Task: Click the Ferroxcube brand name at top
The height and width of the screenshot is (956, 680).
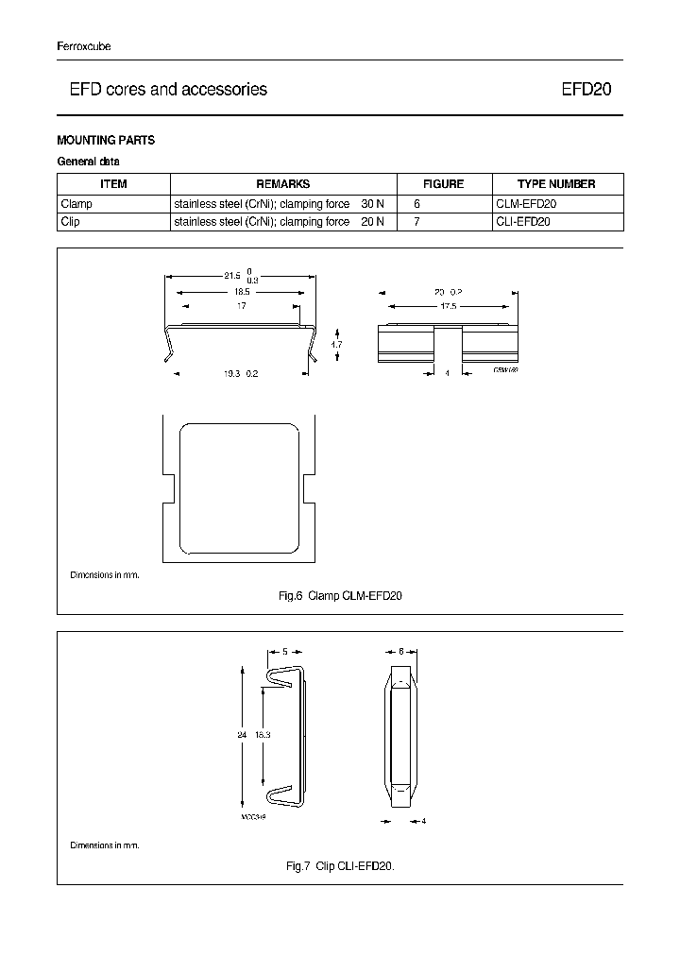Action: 84,46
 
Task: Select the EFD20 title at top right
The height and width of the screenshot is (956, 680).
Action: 586,90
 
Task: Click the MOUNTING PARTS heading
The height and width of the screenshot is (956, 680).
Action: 106,141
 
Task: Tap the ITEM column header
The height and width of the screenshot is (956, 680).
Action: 113,184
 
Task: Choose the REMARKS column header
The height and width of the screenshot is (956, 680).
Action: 282,184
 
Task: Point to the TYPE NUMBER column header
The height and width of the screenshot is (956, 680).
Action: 556,184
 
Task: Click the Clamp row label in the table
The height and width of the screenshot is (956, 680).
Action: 76,203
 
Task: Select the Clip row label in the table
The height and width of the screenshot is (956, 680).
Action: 71,222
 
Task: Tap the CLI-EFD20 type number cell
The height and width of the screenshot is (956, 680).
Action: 523,222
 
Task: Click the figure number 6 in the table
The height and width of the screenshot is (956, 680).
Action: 416,203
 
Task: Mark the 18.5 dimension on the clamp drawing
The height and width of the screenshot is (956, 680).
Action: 242,292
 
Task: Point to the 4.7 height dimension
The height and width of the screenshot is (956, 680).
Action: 336,345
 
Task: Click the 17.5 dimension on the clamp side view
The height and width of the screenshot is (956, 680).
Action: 448,306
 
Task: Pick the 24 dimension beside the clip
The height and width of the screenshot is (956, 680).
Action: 243,734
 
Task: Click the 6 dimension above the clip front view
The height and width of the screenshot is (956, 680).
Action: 400,652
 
